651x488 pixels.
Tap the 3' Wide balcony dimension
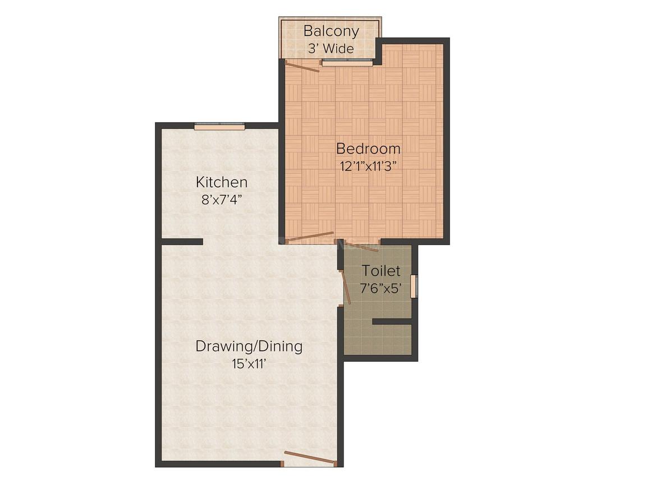pos(331,49)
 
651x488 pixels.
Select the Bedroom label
pos(368,148)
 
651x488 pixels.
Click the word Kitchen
pos(222,182)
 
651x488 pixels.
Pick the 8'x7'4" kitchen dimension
pos(222,200)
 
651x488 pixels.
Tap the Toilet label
pos(381,270)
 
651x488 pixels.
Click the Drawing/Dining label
pos(249,347)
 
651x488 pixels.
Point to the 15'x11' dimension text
pos(248,365)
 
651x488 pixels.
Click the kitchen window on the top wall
pos(219,127)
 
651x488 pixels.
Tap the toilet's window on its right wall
pos(414,286)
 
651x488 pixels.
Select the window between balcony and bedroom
pos(347,62)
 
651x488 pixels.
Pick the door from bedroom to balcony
pos(302,66)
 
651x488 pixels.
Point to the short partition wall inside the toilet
pos(392,321)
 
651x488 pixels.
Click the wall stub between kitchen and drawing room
pos(182,242)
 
